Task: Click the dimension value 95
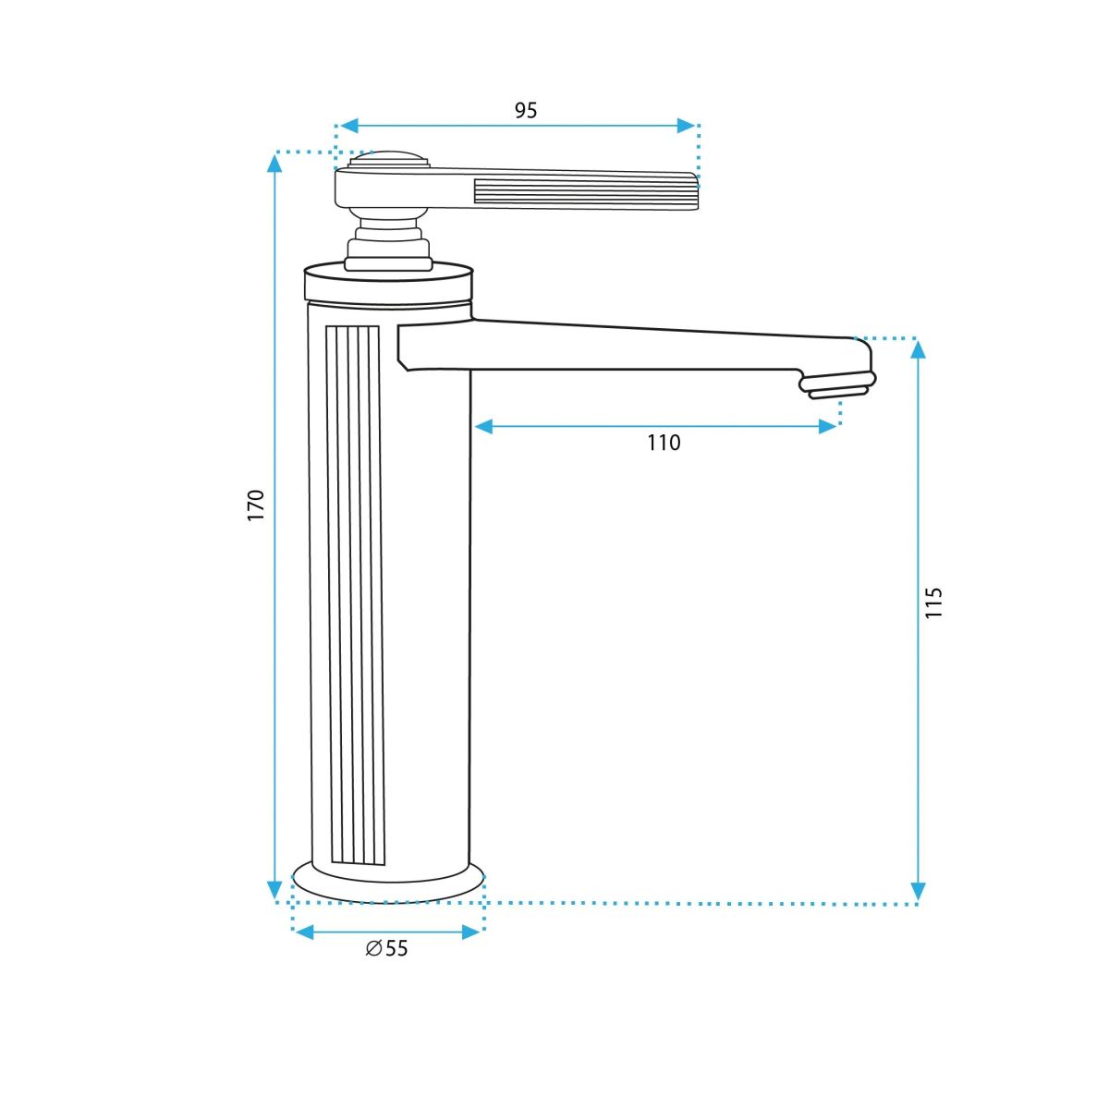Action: click(526, 110)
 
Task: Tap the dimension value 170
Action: click(255, 505)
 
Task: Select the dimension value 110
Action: click(664, 443)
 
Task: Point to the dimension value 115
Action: click(933, 603)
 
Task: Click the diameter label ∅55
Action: click(386, 948)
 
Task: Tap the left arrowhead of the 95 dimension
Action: click(349, 126)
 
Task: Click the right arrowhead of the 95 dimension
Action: click(686, 126)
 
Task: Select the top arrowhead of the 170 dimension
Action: click(275, 164)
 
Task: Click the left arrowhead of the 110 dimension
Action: click(483, 426)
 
